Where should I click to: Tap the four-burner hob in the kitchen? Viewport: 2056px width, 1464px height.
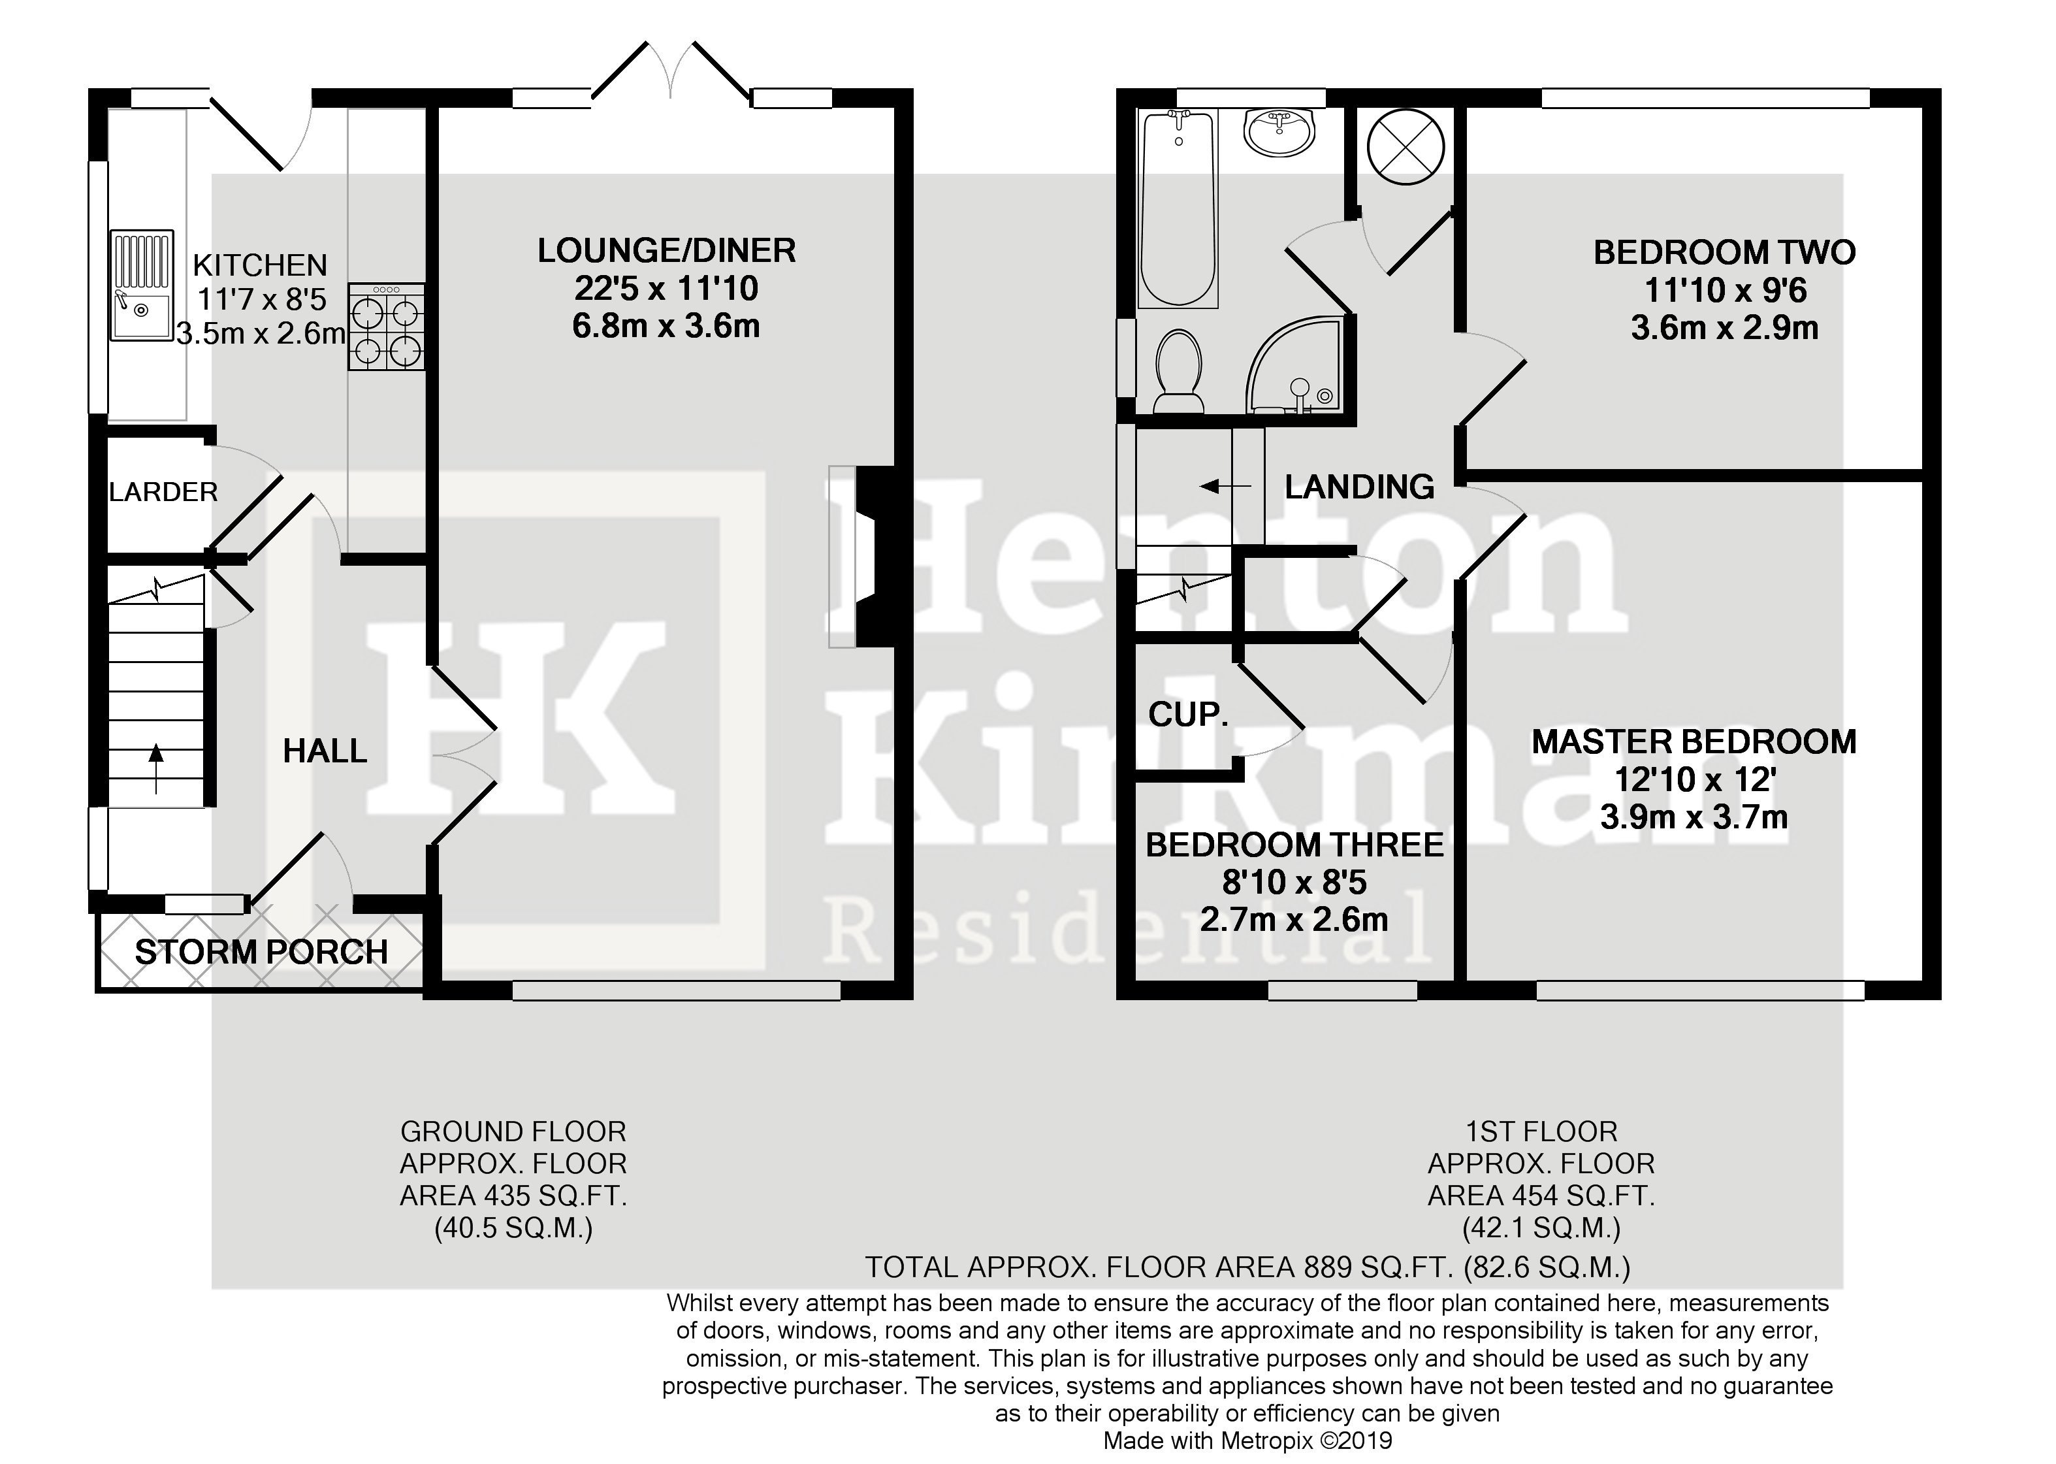point(387,327)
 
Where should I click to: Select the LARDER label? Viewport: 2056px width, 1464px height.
point(163,492)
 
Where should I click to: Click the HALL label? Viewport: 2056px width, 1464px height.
point(325,751)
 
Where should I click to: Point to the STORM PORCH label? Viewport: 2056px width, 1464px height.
point(261,952)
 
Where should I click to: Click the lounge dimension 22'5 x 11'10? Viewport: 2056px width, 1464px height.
point(666,289)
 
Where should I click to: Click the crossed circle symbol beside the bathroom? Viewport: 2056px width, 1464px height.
point(1405,147)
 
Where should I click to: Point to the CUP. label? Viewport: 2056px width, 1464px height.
point(1188,715)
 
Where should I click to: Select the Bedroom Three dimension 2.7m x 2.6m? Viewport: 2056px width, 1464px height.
point(1293,920)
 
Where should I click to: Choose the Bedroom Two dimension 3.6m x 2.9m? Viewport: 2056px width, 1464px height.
point(1724,328)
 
